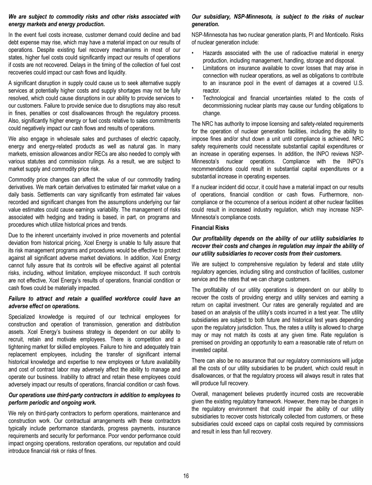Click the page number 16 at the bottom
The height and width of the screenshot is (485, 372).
tap(186, 475)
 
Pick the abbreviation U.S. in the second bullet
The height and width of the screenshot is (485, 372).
tap(359, 83)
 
